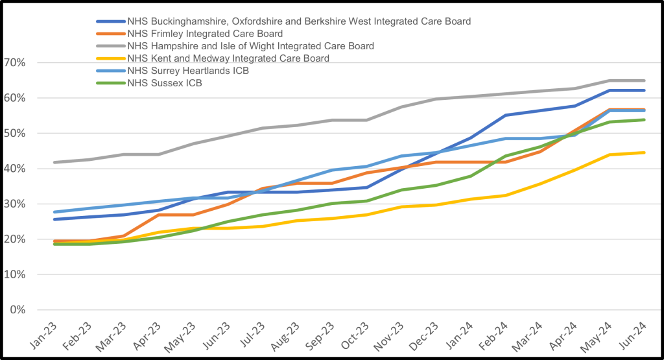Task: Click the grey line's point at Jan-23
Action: coord(54,162)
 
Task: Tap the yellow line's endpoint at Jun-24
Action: coord(644,152)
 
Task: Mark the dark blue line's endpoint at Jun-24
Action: coord(644,90)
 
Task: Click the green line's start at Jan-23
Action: coord(54,244)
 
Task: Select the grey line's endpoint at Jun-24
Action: coord(644,80)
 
